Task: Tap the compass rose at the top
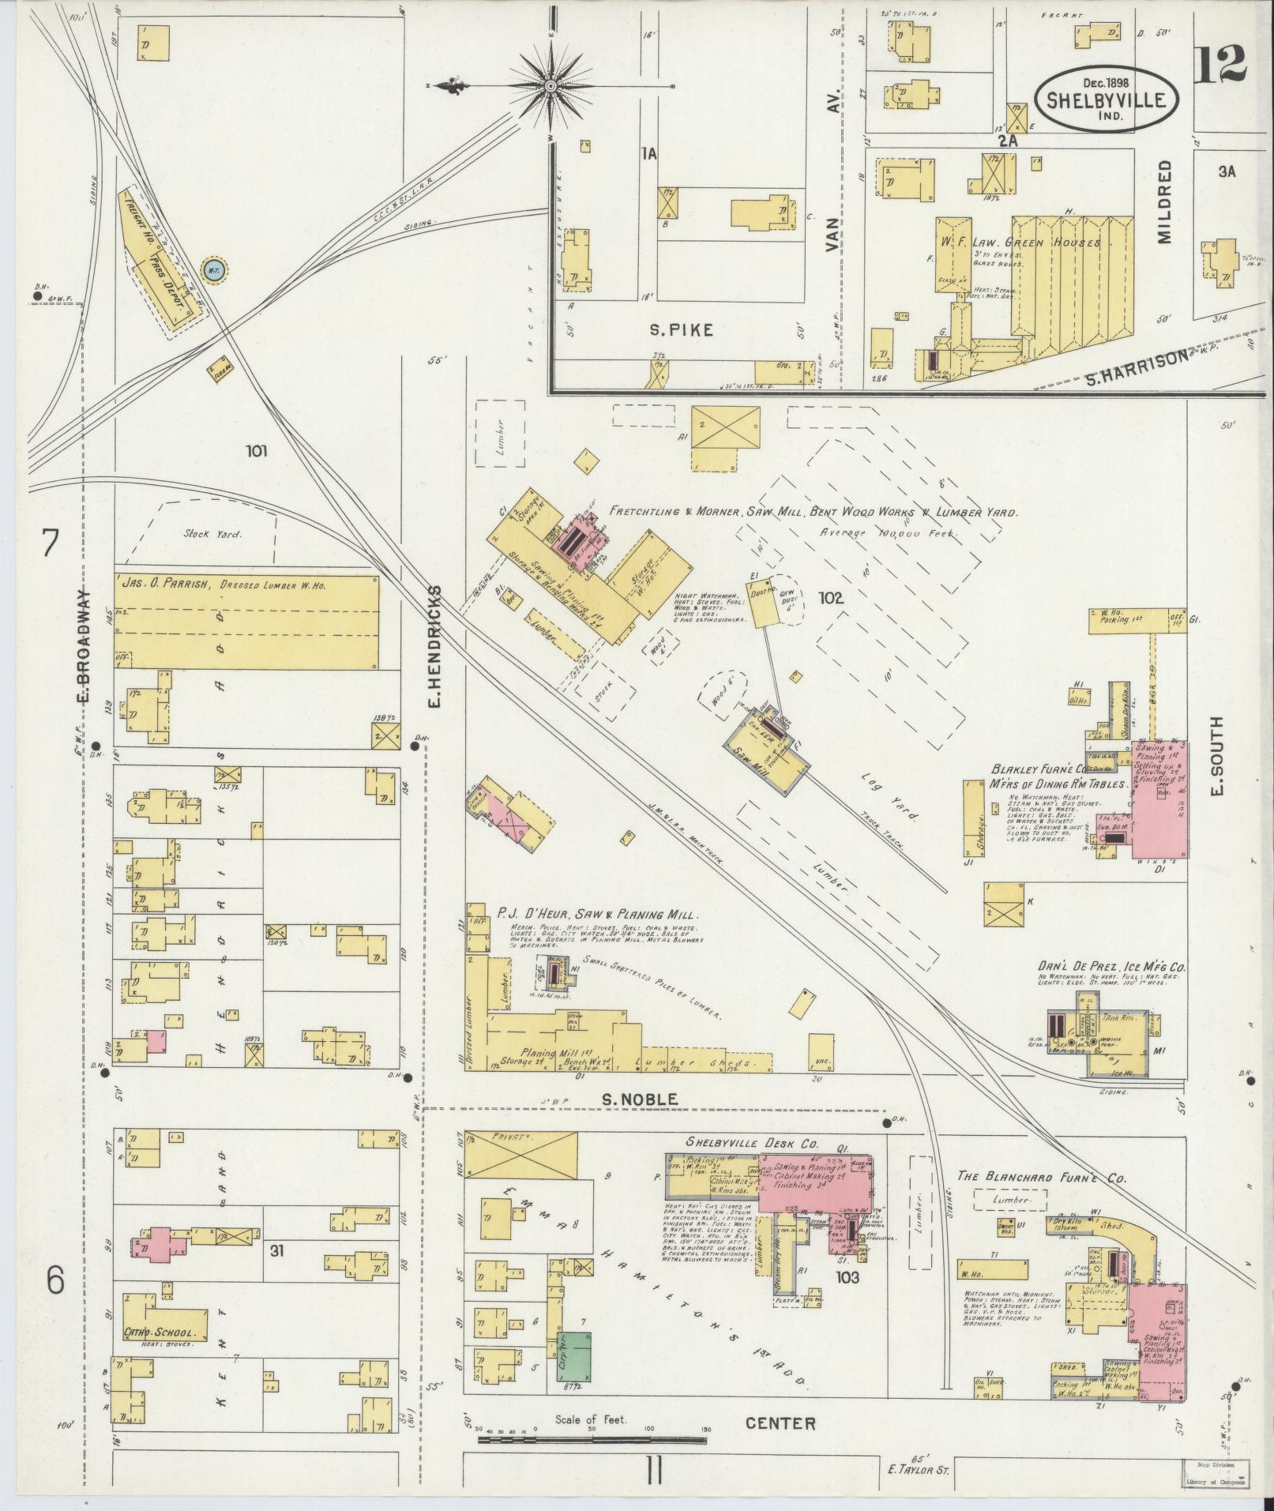551,85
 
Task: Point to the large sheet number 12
1220,65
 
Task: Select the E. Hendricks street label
437,646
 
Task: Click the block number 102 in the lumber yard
831,598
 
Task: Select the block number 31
276,1272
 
